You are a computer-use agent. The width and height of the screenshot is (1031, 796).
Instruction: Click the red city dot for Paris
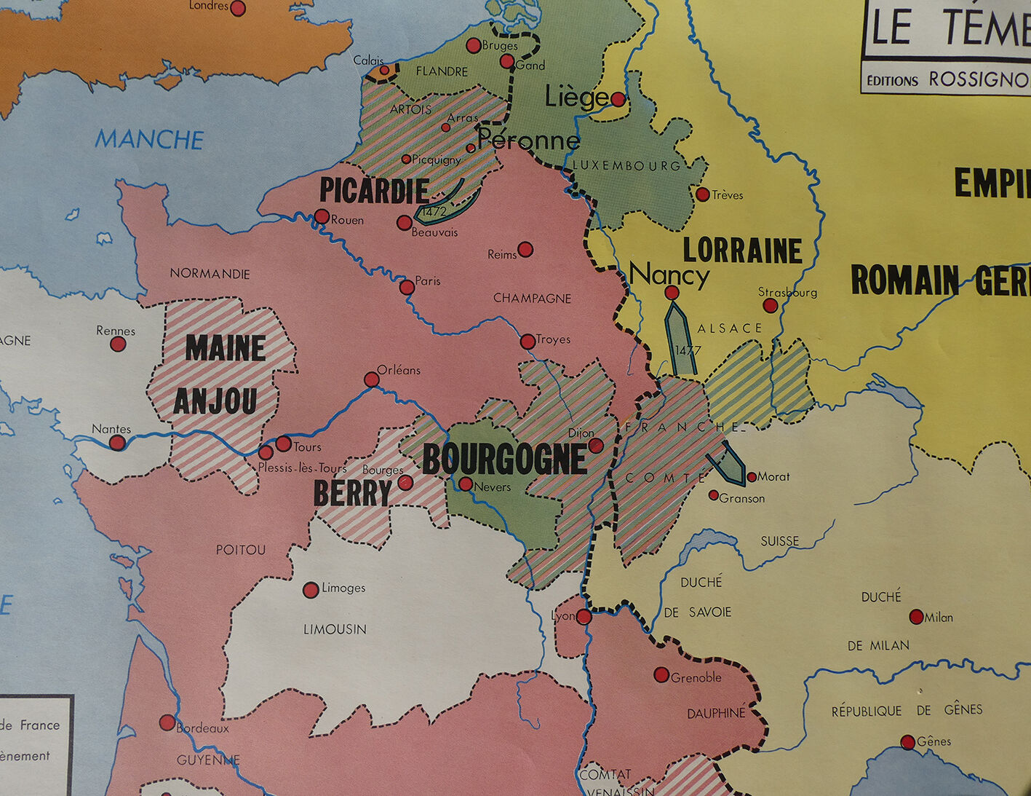tap(407, 288)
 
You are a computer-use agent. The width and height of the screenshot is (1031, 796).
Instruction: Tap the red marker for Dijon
tap(596, 446)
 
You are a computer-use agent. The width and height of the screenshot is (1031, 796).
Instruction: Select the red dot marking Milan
tap(917, 617)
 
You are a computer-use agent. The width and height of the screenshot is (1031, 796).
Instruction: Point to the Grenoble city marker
tap(661, 675)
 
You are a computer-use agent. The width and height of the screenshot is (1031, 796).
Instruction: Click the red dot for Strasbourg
tap(771, 306)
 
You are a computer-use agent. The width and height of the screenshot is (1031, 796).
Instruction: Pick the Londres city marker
tap(238, 9)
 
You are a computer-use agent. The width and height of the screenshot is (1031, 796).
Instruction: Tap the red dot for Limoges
tap(311, 589)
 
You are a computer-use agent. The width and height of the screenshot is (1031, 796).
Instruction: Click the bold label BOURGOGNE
tap(504, 460)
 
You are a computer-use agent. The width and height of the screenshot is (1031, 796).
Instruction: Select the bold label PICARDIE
tap(374, 191)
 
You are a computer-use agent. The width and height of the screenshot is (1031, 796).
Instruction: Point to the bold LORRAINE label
tap(742, 251)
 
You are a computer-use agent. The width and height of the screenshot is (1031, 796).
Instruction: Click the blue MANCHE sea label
tap(149, 139)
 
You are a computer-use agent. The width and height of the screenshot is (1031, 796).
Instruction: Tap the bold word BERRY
tap(353, 494)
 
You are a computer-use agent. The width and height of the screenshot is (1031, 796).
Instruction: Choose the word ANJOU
tap(215, 401)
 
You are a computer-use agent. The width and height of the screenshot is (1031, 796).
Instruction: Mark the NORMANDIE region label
tap(210, 274)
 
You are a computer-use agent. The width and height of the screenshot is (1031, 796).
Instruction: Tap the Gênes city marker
tap(907, 742)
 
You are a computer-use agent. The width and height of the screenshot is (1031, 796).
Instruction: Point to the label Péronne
tap(528, 140)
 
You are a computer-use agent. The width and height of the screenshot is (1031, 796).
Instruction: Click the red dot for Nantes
tap(117, 443)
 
